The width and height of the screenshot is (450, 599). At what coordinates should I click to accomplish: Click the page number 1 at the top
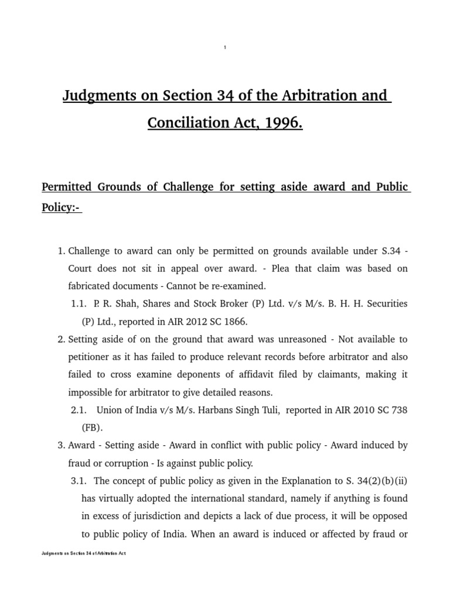225,47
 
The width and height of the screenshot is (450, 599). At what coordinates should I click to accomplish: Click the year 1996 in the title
282,123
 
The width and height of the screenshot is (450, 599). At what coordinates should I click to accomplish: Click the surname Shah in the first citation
127,304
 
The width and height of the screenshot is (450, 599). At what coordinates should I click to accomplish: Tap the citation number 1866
236,322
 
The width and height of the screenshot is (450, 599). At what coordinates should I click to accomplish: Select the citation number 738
399,410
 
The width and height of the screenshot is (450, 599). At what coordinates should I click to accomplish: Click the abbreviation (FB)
92,428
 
